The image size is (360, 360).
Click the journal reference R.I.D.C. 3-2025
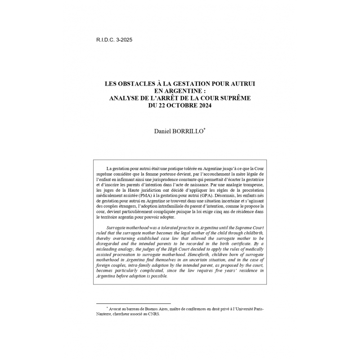tap(114, 40)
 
